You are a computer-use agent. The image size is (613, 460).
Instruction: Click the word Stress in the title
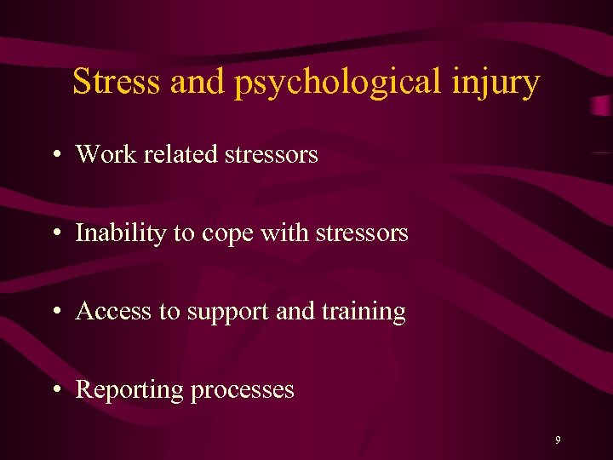click(117, 82)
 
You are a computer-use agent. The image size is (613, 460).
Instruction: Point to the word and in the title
click(198, 82)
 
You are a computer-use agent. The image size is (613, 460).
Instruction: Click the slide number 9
click(558, 440)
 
